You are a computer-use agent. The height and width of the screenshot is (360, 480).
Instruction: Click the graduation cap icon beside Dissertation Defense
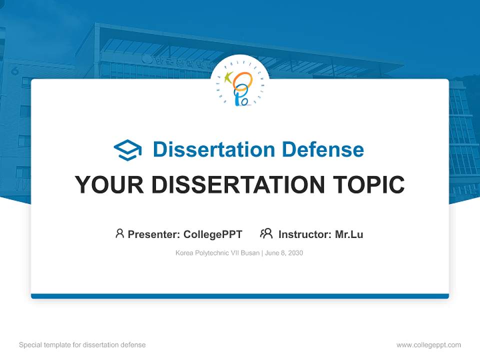point(127,149)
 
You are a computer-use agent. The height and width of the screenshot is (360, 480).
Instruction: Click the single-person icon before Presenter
point(119,233)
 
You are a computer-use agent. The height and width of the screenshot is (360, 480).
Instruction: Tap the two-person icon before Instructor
point(266,233)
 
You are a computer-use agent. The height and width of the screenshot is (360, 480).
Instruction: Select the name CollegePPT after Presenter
point(213,234)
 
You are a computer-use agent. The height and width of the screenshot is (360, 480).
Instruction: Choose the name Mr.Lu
point(349,234)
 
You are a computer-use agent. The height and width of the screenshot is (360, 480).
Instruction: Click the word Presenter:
point(154,234)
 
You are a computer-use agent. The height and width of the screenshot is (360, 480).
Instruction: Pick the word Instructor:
point(305,234)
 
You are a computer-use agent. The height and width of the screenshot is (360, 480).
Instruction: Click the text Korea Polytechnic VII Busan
point(217,253)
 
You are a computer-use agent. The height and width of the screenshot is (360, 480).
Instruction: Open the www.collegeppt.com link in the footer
point(428,345)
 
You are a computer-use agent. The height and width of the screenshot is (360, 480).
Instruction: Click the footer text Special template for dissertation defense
point(82,345)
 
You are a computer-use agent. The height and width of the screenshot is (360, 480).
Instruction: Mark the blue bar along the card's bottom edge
point(240,296)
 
